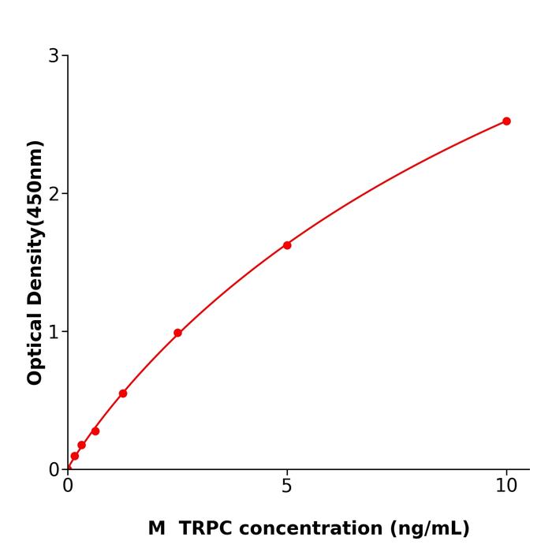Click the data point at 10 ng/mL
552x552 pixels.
[x=506, y=121]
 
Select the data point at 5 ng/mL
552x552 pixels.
[x=287, y=245]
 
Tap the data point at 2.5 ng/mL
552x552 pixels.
[x=177, y=333]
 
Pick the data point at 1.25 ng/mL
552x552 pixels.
[x=123, y=393]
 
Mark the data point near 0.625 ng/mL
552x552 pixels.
[x=95, y=431]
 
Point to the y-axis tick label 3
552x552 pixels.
[x=54, y=56]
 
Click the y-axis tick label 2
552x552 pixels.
[x=54, y=194]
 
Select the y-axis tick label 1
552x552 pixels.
[x=54, y=332]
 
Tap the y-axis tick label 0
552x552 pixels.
[x=54, y=470]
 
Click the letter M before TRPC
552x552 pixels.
[x=156, y=528]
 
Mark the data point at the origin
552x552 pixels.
[x=68, y=468]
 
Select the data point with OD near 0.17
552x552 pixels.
[x=81, y=446]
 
